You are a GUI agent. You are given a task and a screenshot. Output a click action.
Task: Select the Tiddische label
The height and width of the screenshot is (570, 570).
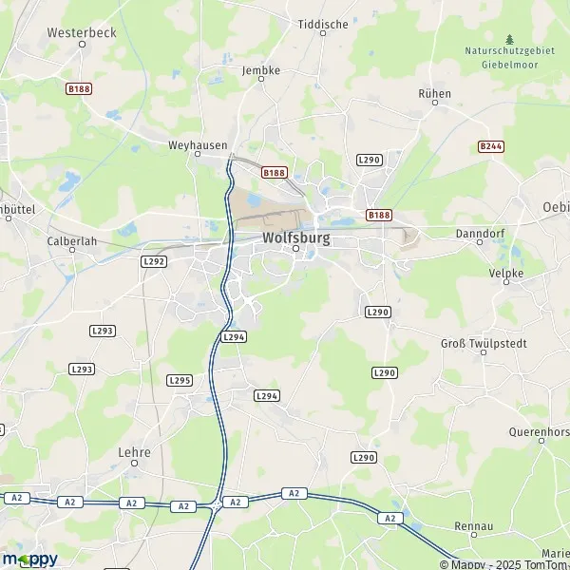click(323, 24)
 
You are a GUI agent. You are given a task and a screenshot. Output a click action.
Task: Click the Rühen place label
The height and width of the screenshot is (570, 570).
click(434, 94)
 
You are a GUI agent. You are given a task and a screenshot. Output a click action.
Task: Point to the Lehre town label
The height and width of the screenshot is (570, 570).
click(134, 453)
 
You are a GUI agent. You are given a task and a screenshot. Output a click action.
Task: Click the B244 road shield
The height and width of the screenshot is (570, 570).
click(490, 146)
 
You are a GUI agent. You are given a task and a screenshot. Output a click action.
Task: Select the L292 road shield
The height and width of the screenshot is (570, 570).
click(154, 261)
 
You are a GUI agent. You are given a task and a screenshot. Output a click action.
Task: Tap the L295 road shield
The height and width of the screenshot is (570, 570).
click(179, 380)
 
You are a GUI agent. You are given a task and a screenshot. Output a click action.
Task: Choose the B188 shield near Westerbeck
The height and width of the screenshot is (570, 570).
click(78, 88)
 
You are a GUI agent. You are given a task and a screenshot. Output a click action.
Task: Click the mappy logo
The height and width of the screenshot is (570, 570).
click(30, 559)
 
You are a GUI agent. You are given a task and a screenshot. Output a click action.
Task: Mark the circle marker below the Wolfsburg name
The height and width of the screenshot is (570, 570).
click(295, 250)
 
